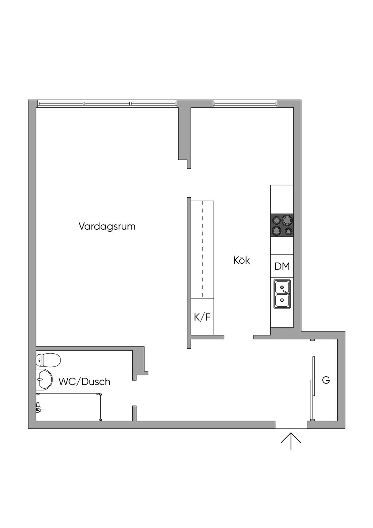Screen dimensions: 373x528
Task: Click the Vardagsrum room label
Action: (x=107, y=226)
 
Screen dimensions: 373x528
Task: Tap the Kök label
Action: (x=242, y=260)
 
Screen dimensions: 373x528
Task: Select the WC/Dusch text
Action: (x=84, y=382)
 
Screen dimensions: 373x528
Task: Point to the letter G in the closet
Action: (x=326, y=380)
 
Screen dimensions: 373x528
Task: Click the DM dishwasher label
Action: (x=282, y=266)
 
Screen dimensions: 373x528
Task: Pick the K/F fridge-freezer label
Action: (x=202, y=317)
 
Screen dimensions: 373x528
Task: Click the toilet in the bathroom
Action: (x=48, y=360)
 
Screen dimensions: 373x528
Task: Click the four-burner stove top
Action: (x=282, y=225)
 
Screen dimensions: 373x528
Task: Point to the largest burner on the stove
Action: (x=287, y=220)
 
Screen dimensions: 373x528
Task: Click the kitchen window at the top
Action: (x=245, y=103)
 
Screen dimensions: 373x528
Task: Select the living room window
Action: (x=107, y=104)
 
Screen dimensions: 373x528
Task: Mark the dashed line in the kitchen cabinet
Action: (x=203, y=249)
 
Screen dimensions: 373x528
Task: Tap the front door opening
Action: (x=291, y=425)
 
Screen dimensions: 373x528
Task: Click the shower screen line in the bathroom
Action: (x=101, y=407)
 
